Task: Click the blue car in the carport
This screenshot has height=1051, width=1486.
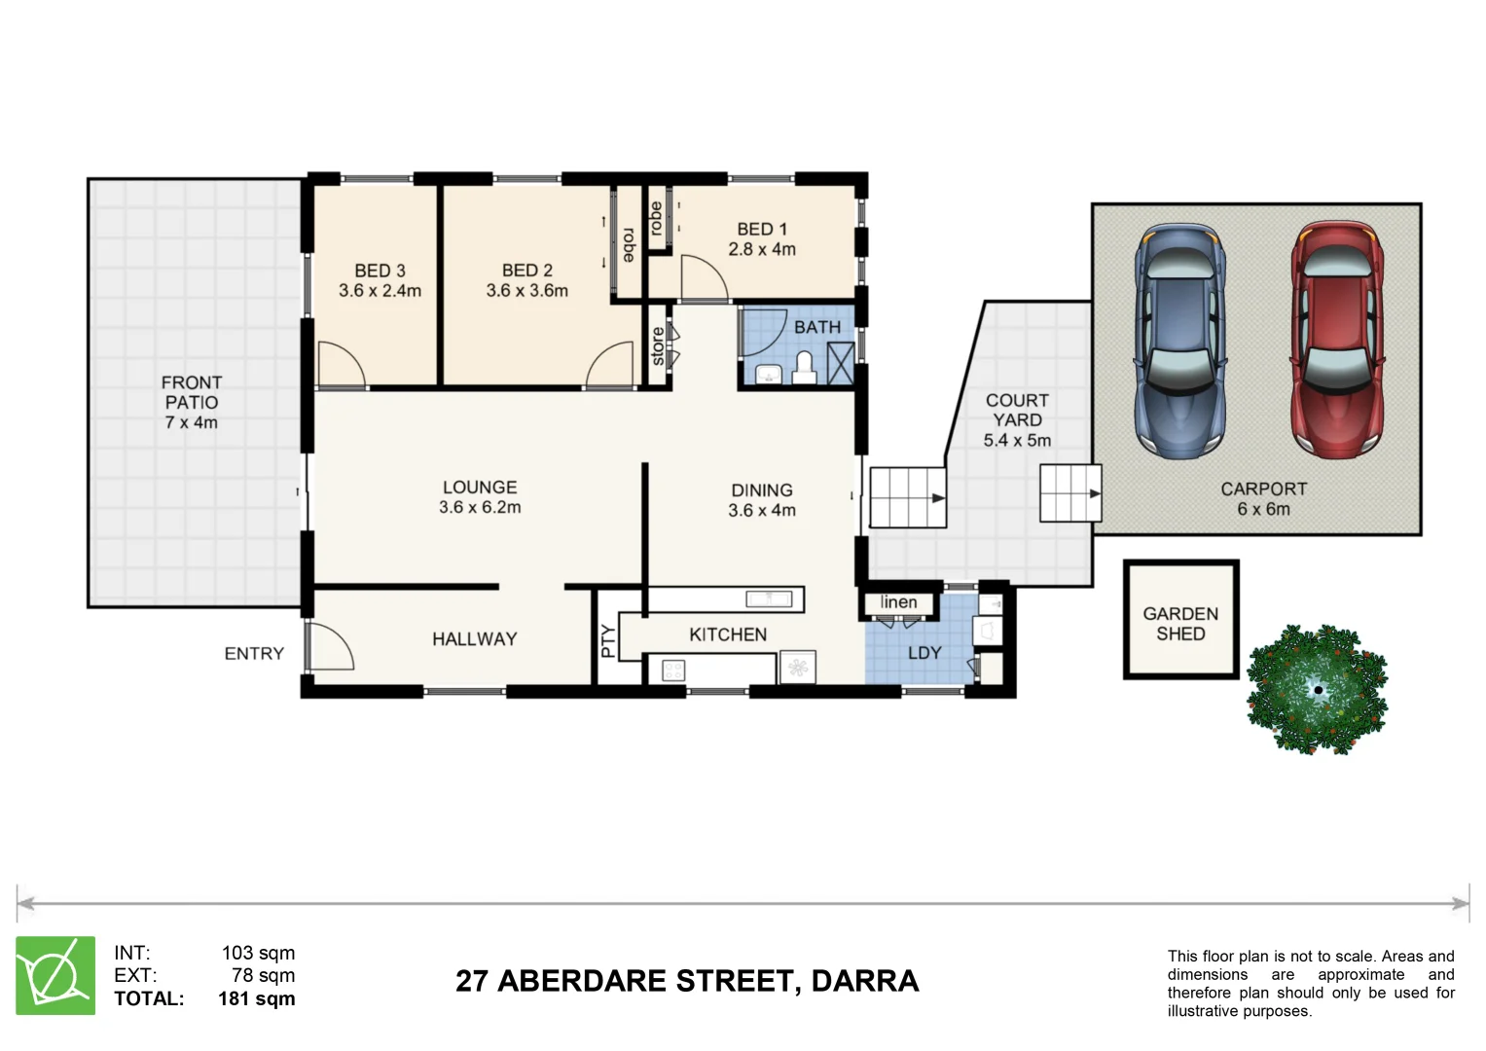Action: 1178,341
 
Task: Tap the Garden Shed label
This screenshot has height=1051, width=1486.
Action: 1180,624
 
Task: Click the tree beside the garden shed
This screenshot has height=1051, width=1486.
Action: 1317,689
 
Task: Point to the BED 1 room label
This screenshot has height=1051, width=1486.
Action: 762,230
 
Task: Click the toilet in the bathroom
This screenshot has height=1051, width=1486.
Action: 804,368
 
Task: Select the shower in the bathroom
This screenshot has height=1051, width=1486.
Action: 840,363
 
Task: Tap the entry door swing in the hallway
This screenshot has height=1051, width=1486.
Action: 329,646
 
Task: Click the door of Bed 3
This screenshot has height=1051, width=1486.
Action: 341,366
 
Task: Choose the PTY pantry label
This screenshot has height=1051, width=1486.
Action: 607,640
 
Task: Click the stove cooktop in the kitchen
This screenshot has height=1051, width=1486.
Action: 673,670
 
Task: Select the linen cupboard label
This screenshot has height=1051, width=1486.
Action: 898,602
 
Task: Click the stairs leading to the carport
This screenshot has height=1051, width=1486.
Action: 1070,493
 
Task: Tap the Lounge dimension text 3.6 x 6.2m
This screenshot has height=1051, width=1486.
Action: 480,508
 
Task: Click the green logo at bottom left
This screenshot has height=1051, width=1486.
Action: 55,975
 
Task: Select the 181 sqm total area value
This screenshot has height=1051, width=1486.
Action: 256,998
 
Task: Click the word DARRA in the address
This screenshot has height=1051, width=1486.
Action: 864,981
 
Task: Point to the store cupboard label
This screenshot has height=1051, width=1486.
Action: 658,346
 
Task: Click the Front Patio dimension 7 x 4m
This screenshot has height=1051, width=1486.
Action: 192,422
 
